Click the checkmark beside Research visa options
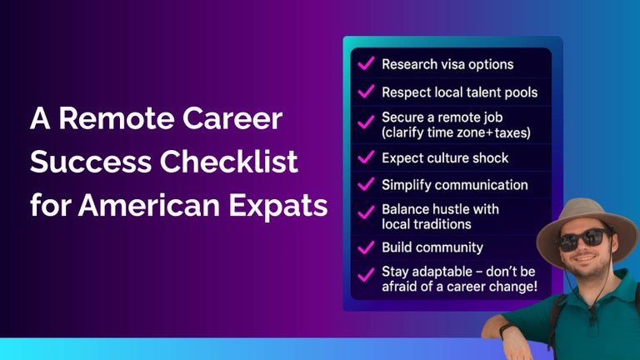(365, 64)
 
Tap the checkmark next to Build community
(365, 248)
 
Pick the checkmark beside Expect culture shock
(365, 157)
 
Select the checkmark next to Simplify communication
(365, 184)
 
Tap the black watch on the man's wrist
(506, 331)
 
